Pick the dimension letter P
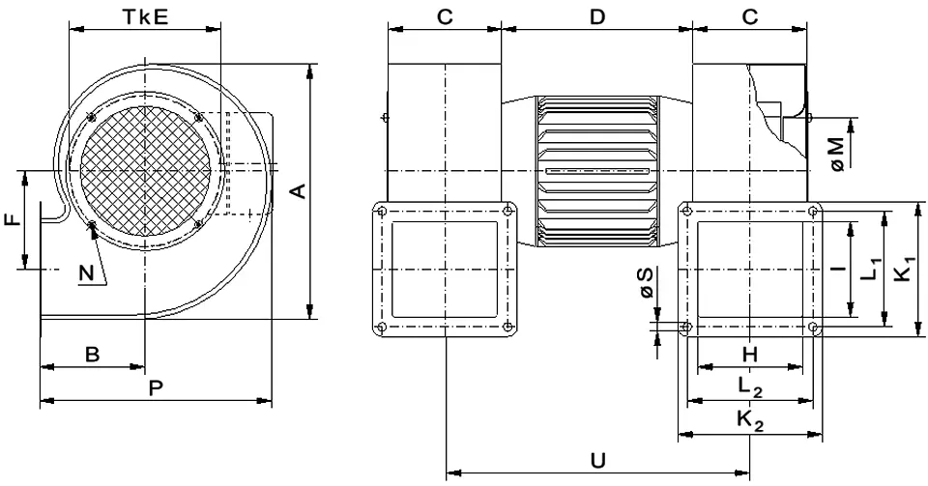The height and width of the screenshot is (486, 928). coord(156,387)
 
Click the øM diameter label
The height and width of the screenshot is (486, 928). coord(838,153)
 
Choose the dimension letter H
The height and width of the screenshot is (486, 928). coord(749,355)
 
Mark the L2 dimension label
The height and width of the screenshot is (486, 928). coord(751,387)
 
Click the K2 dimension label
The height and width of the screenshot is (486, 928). coord(751,421)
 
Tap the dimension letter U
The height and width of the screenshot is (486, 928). coord(598,460)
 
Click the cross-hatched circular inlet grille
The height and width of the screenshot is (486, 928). coord(144,170)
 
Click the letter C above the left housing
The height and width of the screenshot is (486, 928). coord(445,16)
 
